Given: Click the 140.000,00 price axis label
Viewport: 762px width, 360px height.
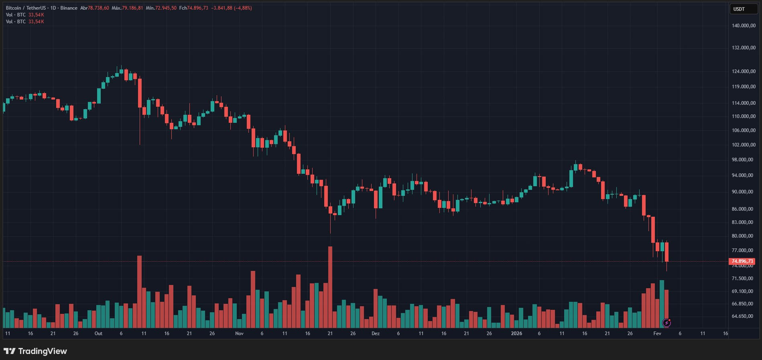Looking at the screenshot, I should point(744,26).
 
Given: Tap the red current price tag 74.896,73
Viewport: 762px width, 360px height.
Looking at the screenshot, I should point(742,261).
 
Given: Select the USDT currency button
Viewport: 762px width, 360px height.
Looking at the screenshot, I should point(739,9).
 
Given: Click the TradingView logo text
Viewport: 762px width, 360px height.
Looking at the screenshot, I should point(35,351).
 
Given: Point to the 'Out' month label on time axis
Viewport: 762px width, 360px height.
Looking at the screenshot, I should point(98,334).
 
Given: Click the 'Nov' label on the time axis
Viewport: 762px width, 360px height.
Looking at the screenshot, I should point(239,334).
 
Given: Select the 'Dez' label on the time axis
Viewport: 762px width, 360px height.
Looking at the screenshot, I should point(376,334).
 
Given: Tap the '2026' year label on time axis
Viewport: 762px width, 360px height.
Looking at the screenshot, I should point(516,334).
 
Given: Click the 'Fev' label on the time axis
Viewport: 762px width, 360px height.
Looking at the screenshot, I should point(657,334).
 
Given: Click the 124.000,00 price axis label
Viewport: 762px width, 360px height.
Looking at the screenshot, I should point(744,71).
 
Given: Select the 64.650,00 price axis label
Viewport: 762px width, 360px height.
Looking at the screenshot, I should point(742,316).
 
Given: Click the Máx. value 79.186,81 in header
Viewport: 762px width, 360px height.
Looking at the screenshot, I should point(132,8).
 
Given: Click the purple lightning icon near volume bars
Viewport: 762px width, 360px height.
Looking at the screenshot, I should point(666,322).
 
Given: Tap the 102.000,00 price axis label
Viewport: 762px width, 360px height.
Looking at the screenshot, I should point(744,145).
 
